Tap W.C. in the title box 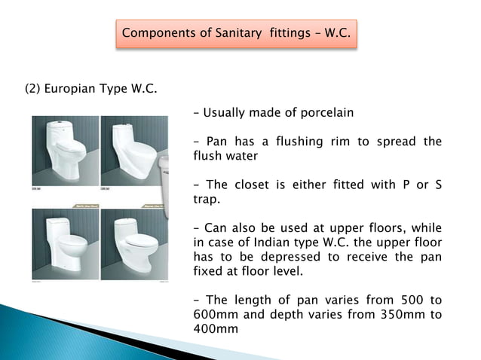pos(337,33)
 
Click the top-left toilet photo pos(65,149)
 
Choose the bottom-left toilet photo pos(65,243)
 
